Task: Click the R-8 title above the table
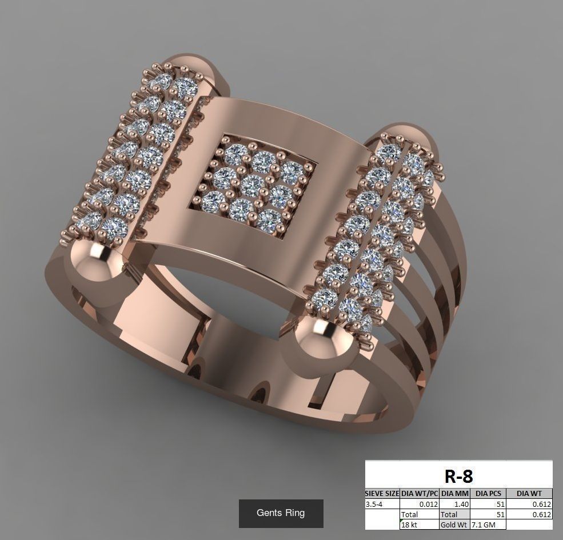[x=458, y=475]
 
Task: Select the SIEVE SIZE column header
[x=382, y=493]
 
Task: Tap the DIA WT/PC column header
[x=420, y=493]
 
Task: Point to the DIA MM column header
[x=454, y=493]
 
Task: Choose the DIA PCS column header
[x=488, y=493]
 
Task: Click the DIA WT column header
[x=530, y=493]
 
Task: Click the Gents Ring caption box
[x=281, y=513]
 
